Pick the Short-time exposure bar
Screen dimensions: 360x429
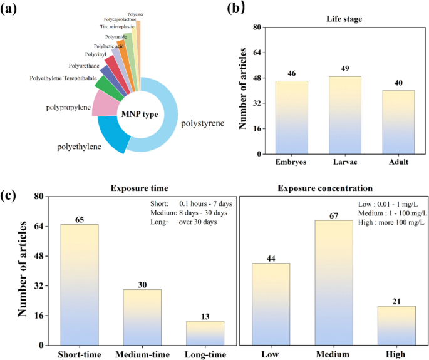click(79, 285)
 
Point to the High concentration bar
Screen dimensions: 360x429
click(396, 326)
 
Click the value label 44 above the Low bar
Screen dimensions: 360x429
click(271, 257)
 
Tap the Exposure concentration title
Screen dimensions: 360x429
click(335, 187)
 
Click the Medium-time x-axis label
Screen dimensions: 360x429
click(142, 354)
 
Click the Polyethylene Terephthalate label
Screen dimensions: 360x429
click(64, 78)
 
